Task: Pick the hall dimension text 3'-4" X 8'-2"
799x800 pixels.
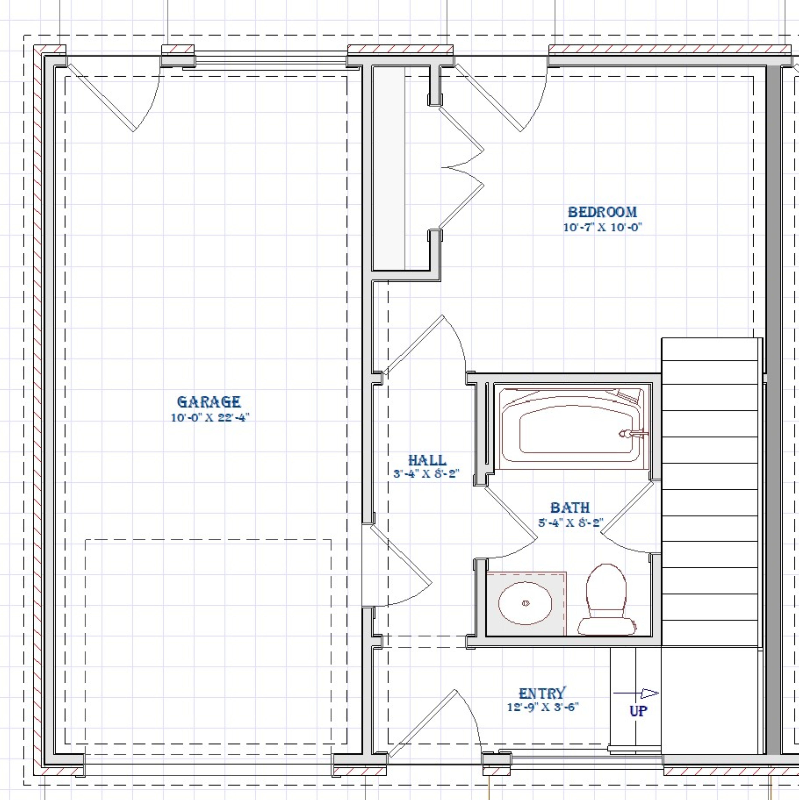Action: [426, 473]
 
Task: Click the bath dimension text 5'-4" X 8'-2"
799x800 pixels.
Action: [571, 523]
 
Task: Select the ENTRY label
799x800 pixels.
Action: [542, 693]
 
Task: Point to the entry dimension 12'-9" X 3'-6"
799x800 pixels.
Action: [543, 707]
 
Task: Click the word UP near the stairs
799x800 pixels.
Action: [638, 711]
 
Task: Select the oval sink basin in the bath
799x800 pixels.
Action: [525, 603]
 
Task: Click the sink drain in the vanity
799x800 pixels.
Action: [526, 603]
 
